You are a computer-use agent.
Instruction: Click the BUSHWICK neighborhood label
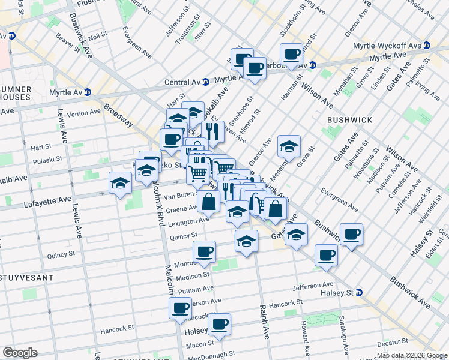pyautogui.click(x=349, y=120)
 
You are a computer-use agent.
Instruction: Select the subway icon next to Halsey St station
pyautogui.click(x=360, y=292)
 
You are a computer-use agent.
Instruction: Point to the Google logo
pyautogui.click(x=20, y=353)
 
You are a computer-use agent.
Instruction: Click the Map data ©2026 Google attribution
pyautogui.click(x=412, y=355)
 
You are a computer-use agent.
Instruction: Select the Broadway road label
pyautogui.click(x=118, y=115)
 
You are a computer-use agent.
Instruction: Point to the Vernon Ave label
pyautogui.click(x=83, y=112)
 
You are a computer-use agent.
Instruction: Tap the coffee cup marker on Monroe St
pyautogui.click(x=205, y=251)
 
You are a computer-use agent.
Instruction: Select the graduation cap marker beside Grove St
pyautogui.click(x=289, y=146)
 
